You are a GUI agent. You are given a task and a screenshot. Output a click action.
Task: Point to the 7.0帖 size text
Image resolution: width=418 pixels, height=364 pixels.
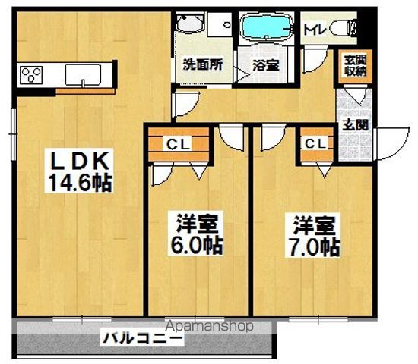coord(312,246)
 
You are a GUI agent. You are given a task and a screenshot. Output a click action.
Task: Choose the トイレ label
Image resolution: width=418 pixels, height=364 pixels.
coord(314,30)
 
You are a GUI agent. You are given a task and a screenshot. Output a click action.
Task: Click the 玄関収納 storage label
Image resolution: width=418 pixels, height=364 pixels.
coord(352,67)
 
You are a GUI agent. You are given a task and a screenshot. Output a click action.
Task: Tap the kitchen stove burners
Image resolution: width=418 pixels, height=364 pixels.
coord(32,74)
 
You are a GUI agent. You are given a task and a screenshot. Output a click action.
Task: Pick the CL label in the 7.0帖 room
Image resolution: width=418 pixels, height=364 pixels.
coord(316,143)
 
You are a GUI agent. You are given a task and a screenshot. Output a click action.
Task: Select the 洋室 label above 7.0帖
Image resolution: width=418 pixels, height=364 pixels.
coord(312,224)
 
